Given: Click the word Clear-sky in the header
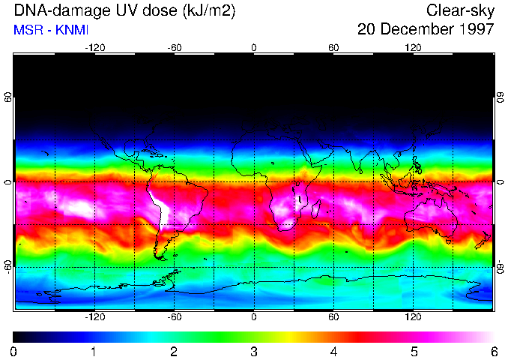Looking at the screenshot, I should (460, 10).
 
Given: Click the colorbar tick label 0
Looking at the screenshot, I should (14, 351).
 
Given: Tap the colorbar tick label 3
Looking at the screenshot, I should (254, 351).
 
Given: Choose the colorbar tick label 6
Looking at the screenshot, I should (493, 351).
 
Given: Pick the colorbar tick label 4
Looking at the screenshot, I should (333, 351).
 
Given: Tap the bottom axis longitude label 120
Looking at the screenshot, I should (413, 317).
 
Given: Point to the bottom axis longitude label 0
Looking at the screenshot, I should (254, 317).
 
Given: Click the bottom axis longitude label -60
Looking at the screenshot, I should (174, 317).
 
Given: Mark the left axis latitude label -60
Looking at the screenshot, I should (8, 266).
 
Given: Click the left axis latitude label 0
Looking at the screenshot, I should (8, 182).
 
